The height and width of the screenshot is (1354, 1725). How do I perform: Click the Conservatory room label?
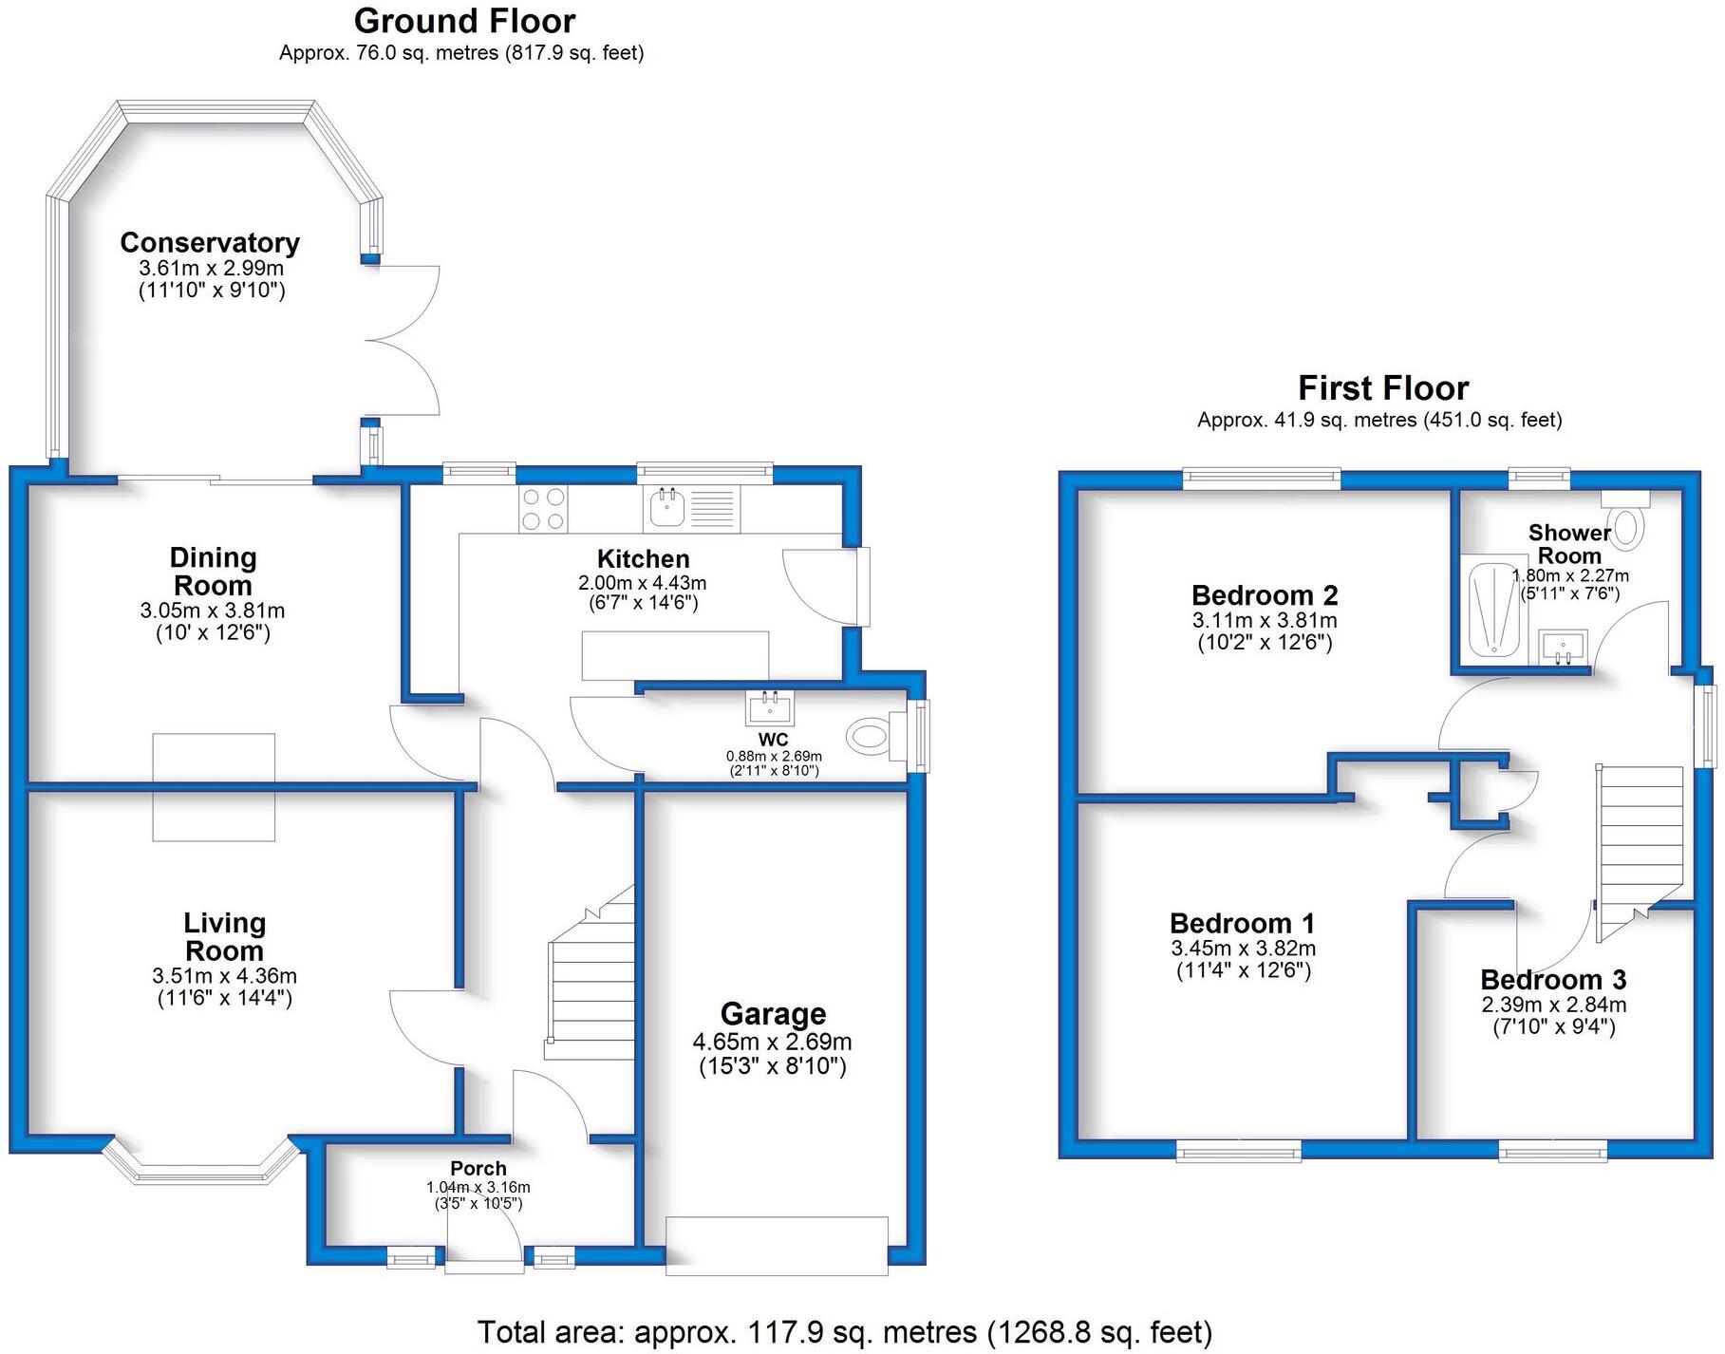point(210,243)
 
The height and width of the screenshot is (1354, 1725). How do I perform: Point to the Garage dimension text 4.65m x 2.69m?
point(772,1041)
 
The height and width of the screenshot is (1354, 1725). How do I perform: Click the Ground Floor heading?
point(464,21)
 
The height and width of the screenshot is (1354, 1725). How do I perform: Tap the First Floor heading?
point(1382,388)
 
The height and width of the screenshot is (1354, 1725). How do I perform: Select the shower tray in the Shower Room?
point(1494,609)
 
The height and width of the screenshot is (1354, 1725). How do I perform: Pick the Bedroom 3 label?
point(1553,979)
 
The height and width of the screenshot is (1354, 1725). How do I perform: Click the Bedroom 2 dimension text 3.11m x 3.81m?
point(1265,621)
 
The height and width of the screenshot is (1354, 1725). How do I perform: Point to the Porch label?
point(478,1168)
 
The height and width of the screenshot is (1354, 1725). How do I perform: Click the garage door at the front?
point(778,1245)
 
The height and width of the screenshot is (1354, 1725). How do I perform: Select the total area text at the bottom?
point(844,1332)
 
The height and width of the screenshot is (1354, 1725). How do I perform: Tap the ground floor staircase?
point(591,987)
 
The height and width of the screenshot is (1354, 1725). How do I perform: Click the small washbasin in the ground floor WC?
point(771,707)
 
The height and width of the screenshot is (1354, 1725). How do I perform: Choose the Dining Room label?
point(213,571)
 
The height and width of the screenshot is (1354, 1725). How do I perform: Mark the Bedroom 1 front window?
point(1239,1152)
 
